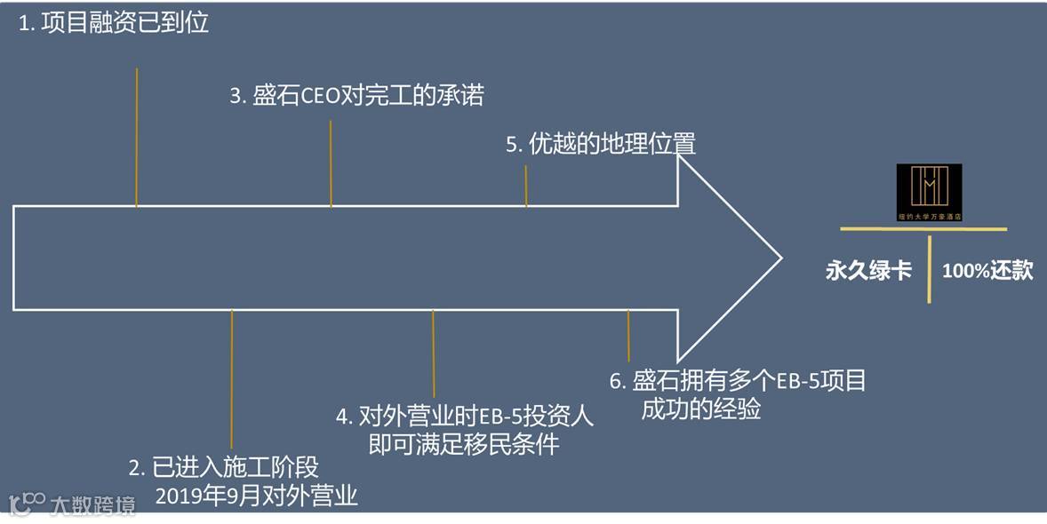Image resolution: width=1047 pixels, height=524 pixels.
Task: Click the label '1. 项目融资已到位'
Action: pyautogui.click(x=114, y=23)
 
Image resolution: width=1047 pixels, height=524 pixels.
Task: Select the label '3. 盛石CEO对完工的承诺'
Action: pyautogui.click(x=356, y=96)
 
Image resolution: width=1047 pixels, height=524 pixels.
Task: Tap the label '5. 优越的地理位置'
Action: pyautogui.click(x=600, y=144)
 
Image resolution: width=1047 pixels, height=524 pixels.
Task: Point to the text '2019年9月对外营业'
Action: pyautogui.click(x=256, y=496)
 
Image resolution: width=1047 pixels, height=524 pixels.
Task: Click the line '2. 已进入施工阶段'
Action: pyautogui.click(x=223, y=468)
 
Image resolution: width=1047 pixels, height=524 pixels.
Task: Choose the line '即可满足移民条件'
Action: pyautogui.click(x=464, y=443)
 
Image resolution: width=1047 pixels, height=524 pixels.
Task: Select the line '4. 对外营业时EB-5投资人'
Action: pyautogui.click(x=465, y=416)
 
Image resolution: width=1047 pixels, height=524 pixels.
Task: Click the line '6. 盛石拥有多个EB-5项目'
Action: pyautogui.click(x=738, y=381)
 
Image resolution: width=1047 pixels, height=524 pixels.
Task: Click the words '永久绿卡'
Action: pyautogui.click(x=868, y=271)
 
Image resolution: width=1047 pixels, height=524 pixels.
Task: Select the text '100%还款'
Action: pyautogui.click(x=987, y=271)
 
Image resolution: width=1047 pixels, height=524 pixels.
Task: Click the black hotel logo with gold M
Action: pyautogui.click(x=929, y=192)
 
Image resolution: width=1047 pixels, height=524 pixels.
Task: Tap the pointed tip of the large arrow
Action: pyautogui.click(x=779, y=258)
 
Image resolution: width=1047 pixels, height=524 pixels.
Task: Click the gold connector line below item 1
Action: pyautogui.click(x=137, y=137)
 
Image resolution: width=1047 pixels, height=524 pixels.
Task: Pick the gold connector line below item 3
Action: pyautogui.click(x=331, y=163)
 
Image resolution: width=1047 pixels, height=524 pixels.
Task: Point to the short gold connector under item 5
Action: pyautogui.click(x=526, y=186)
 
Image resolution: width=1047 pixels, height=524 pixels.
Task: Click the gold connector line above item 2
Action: pyautogui.click(x=231, y=378)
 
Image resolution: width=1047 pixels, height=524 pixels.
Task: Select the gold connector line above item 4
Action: pyautogui.click(x=434, y=353)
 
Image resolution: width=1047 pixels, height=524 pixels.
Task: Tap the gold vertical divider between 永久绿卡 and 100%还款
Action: pyautogui.click(x=930, y=269)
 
